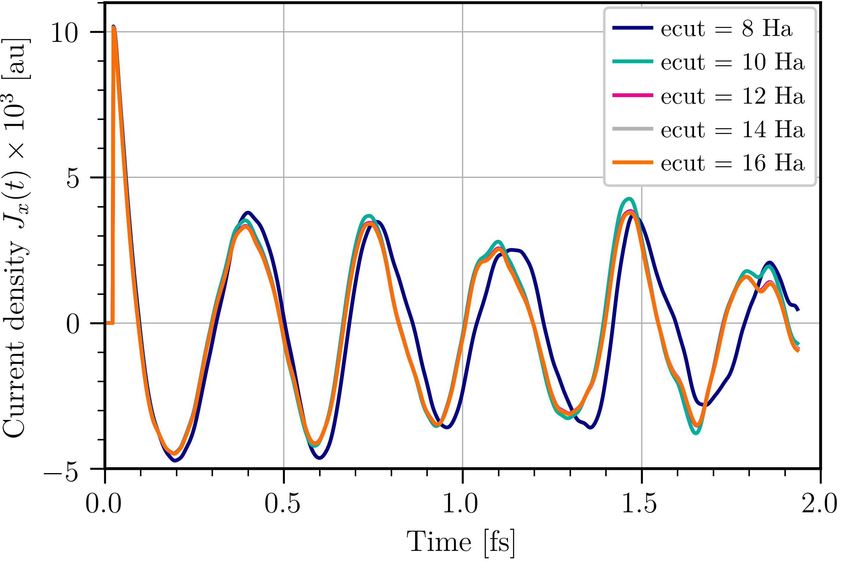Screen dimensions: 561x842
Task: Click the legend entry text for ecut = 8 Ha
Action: coord(726,28)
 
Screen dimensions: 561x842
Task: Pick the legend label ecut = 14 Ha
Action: coord(732,129)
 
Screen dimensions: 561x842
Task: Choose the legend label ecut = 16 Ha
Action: coord(732,163)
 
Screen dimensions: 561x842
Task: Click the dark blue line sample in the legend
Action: coord(633,28)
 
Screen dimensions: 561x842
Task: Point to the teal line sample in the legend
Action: coord(633,61)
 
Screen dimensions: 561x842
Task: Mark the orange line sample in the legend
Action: coord(633,162)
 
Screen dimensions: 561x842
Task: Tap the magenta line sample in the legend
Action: coord(633,95)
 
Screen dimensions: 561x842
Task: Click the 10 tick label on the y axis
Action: coord(64,33)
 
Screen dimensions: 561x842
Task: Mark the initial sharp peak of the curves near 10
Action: coord(114,28)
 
